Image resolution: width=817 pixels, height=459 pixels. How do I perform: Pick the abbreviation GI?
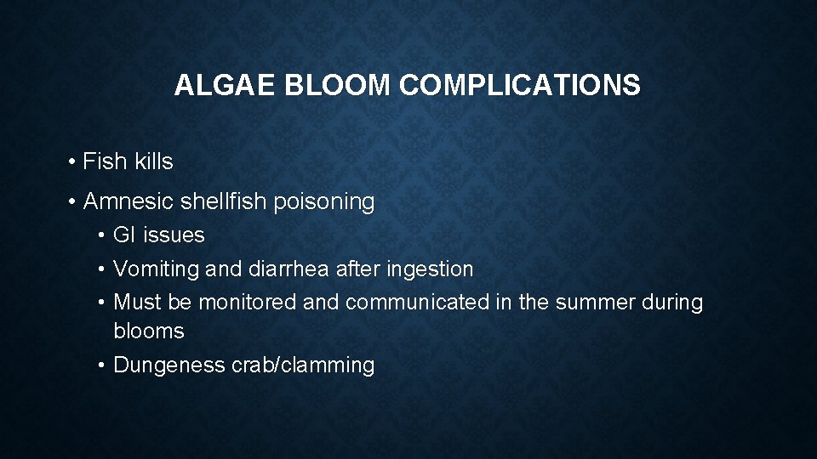coord(125,235)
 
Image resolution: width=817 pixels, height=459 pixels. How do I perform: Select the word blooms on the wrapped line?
coord(149,331)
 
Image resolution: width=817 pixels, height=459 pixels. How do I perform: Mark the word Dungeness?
coord(169,365)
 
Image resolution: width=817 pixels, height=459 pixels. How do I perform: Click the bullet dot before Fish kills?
coord(75,162)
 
